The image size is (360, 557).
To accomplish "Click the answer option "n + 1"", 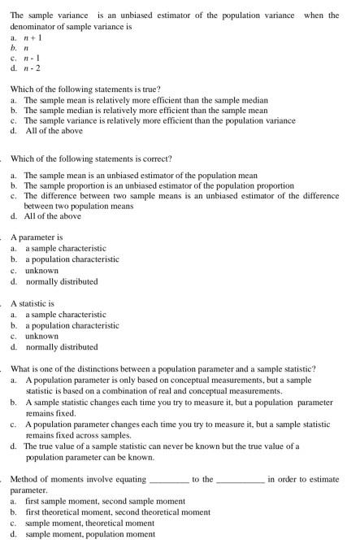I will coord(33,37).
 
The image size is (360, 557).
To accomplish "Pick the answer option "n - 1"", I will coord(33,59).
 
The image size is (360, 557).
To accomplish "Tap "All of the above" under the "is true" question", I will coord(54,131).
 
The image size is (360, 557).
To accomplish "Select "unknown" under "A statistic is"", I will coord(41,336).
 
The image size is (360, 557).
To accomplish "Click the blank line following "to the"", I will coord(240,480).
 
